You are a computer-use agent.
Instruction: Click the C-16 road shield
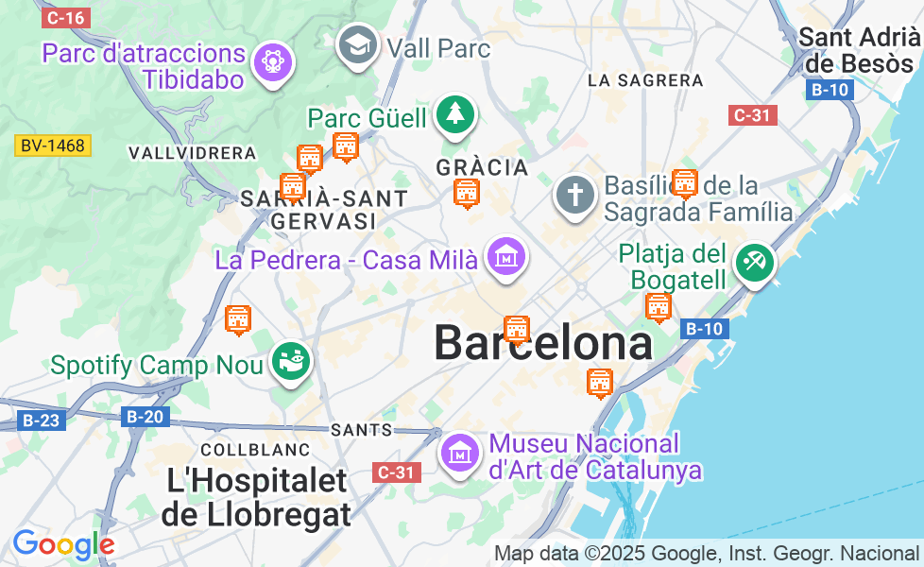(x=66, y=17)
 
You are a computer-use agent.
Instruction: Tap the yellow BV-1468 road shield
(x=53, y=146)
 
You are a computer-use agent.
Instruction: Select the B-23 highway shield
(x=40, y=421)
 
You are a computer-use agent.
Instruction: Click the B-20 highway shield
(x=145, y=417)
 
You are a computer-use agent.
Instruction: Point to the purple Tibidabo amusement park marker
(x=274, y=61)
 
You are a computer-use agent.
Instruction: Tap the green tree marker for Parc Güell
(x=456, y=115)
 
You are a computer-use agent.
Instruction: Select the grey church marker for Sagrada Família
(x=574, y=194)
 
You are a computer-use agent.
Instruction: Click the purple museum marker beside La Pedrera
(x=506, y=255)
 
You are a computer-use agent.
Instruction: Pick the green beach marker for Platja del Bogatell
(x=753, y=261)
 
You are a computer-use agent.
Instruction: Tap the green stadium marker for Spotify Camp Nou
(x=291, y=361)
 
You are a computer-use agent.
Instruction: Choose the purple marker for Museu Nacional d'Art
(x=460, y=453)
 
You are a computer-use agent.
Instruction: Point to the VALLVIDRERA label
(x=192, y=153)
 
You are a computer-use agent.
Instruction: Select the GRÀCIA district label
(x=482, y=167)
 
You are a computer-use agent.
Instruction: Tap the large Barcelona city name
(x=543, y=344)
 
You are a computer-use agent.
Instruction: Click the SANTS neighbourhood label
(x=362, y=430)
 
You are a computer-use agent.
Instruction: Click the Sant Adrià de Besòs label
(x=859, y=50)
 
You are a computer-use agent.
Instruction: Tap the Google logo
(x=63, y=544)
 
